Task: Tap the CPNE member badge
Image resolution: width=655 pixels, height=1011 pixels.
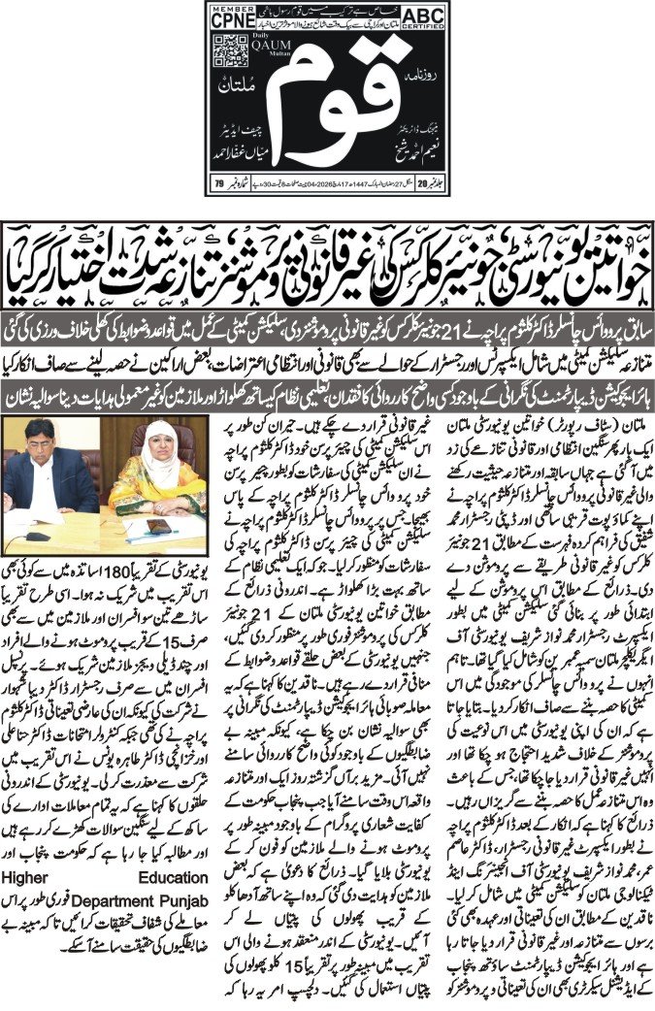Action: (224, 16)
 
